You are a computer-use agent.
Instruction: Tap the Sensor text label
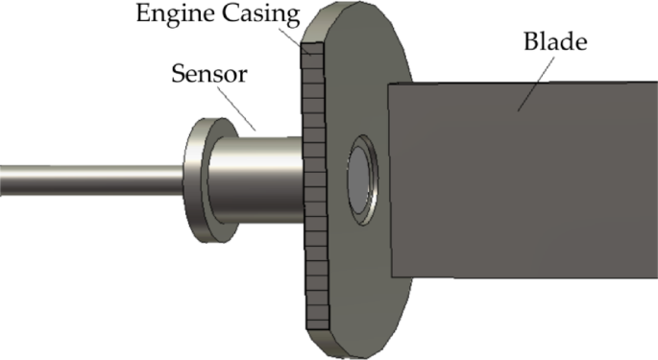coord(206,72)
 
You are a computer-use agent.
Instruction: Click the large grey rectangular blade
coord(519,182)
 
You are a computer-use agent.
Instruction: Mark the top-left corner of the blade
coord(389,87)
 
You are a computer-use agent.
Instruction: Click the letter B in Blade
coord(531,43)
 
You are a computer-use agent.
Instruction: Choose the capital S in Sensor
coord(178,72)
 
